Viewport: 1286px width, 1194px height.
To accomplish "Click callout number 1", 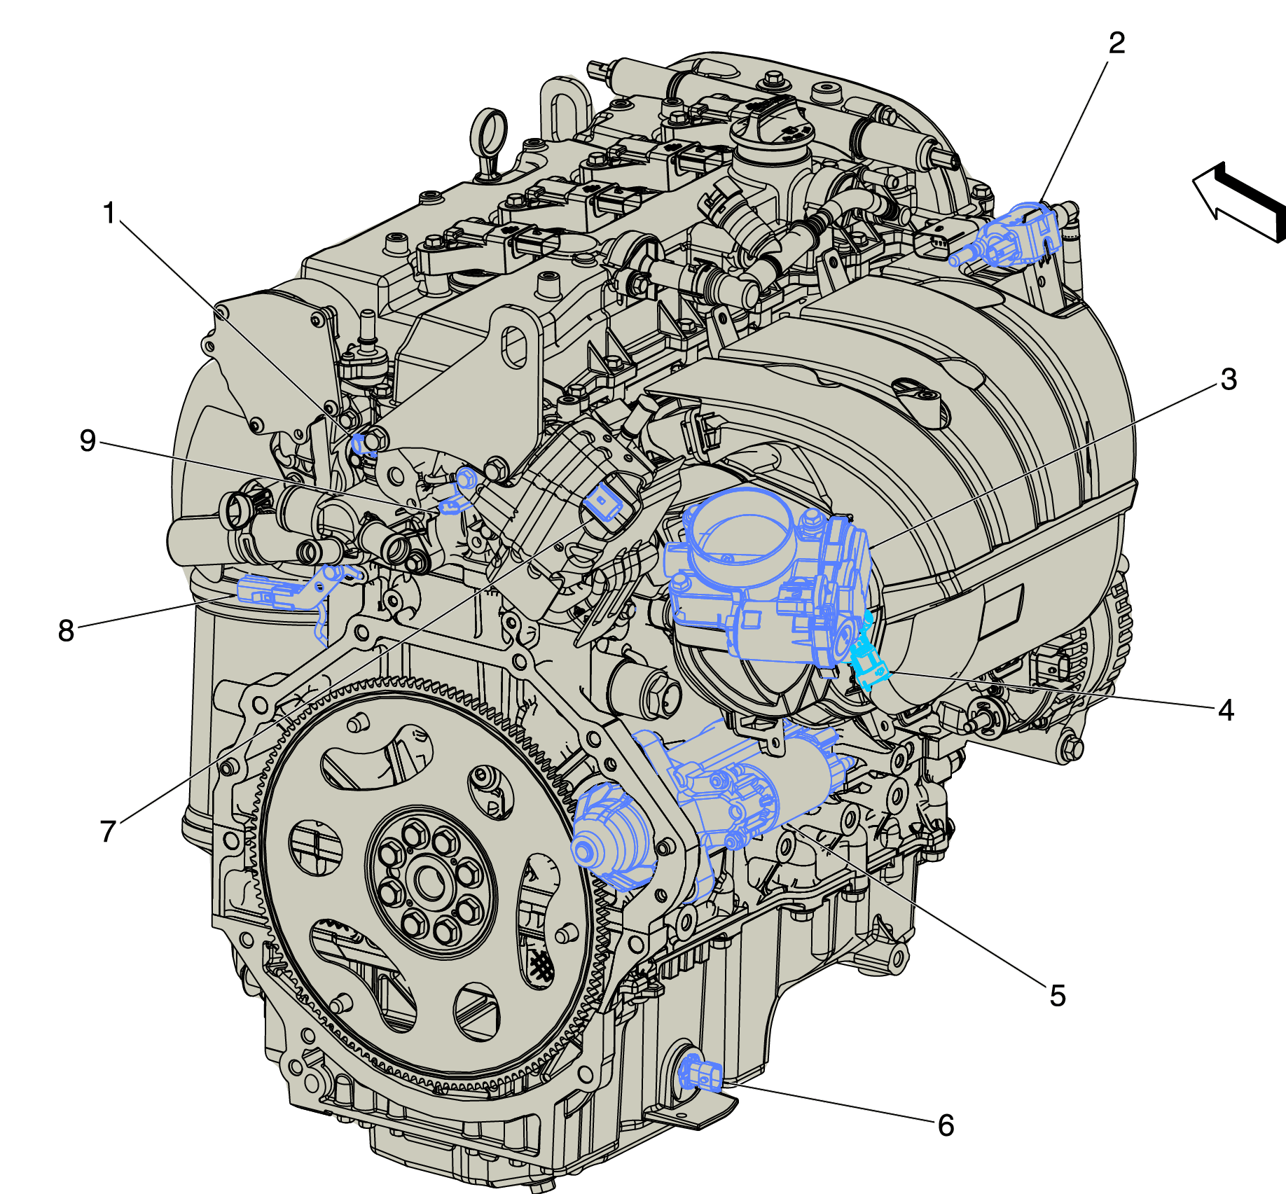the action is pos(109,213).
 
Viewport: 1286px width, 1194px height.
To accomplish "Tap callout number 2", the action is pos(1116,43).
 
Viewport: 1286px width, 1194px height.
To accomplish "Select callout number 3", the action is pos(1229,380).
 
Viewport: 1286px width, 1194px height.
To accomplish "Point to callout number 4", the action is pos(1226,710).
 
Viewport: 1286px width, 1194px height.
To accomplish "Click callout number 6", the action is pos(946,1125).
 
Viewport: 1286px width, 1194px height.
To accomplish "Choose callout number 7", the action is pos(108,832).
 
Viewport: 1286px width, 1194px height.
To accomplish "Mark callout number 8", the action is pos(66,630).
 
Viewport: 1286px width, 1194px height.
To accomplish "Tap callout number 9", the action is pos(88,440).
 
